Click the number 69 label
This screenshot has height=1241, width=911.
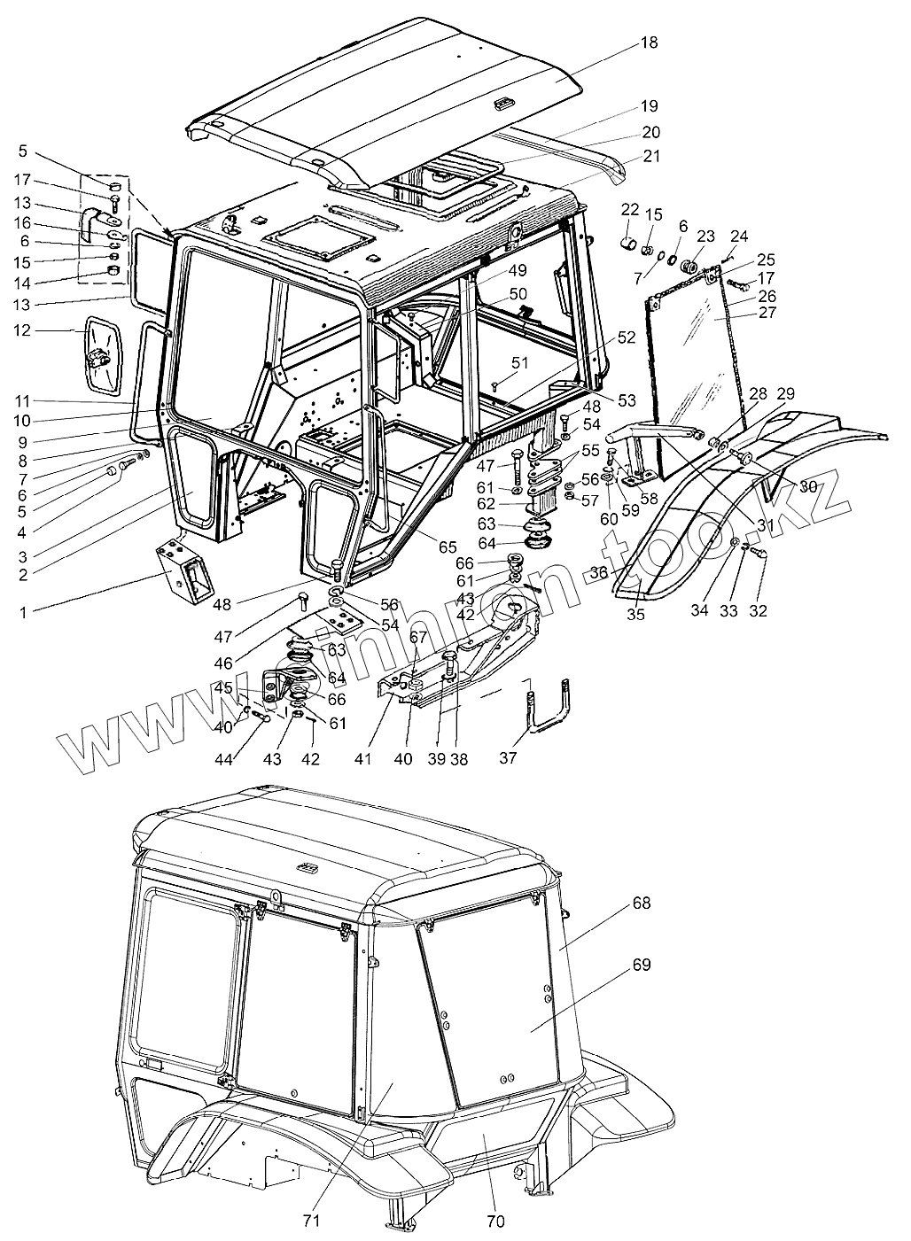[x=642, y=965]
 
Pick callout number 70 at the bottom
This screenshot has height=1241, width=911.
[x=495, y=1222]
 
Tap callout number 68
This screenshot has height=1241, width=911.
[x=642, y=904]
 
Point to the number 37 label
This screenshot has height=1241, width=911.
[x=507, y=758]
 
